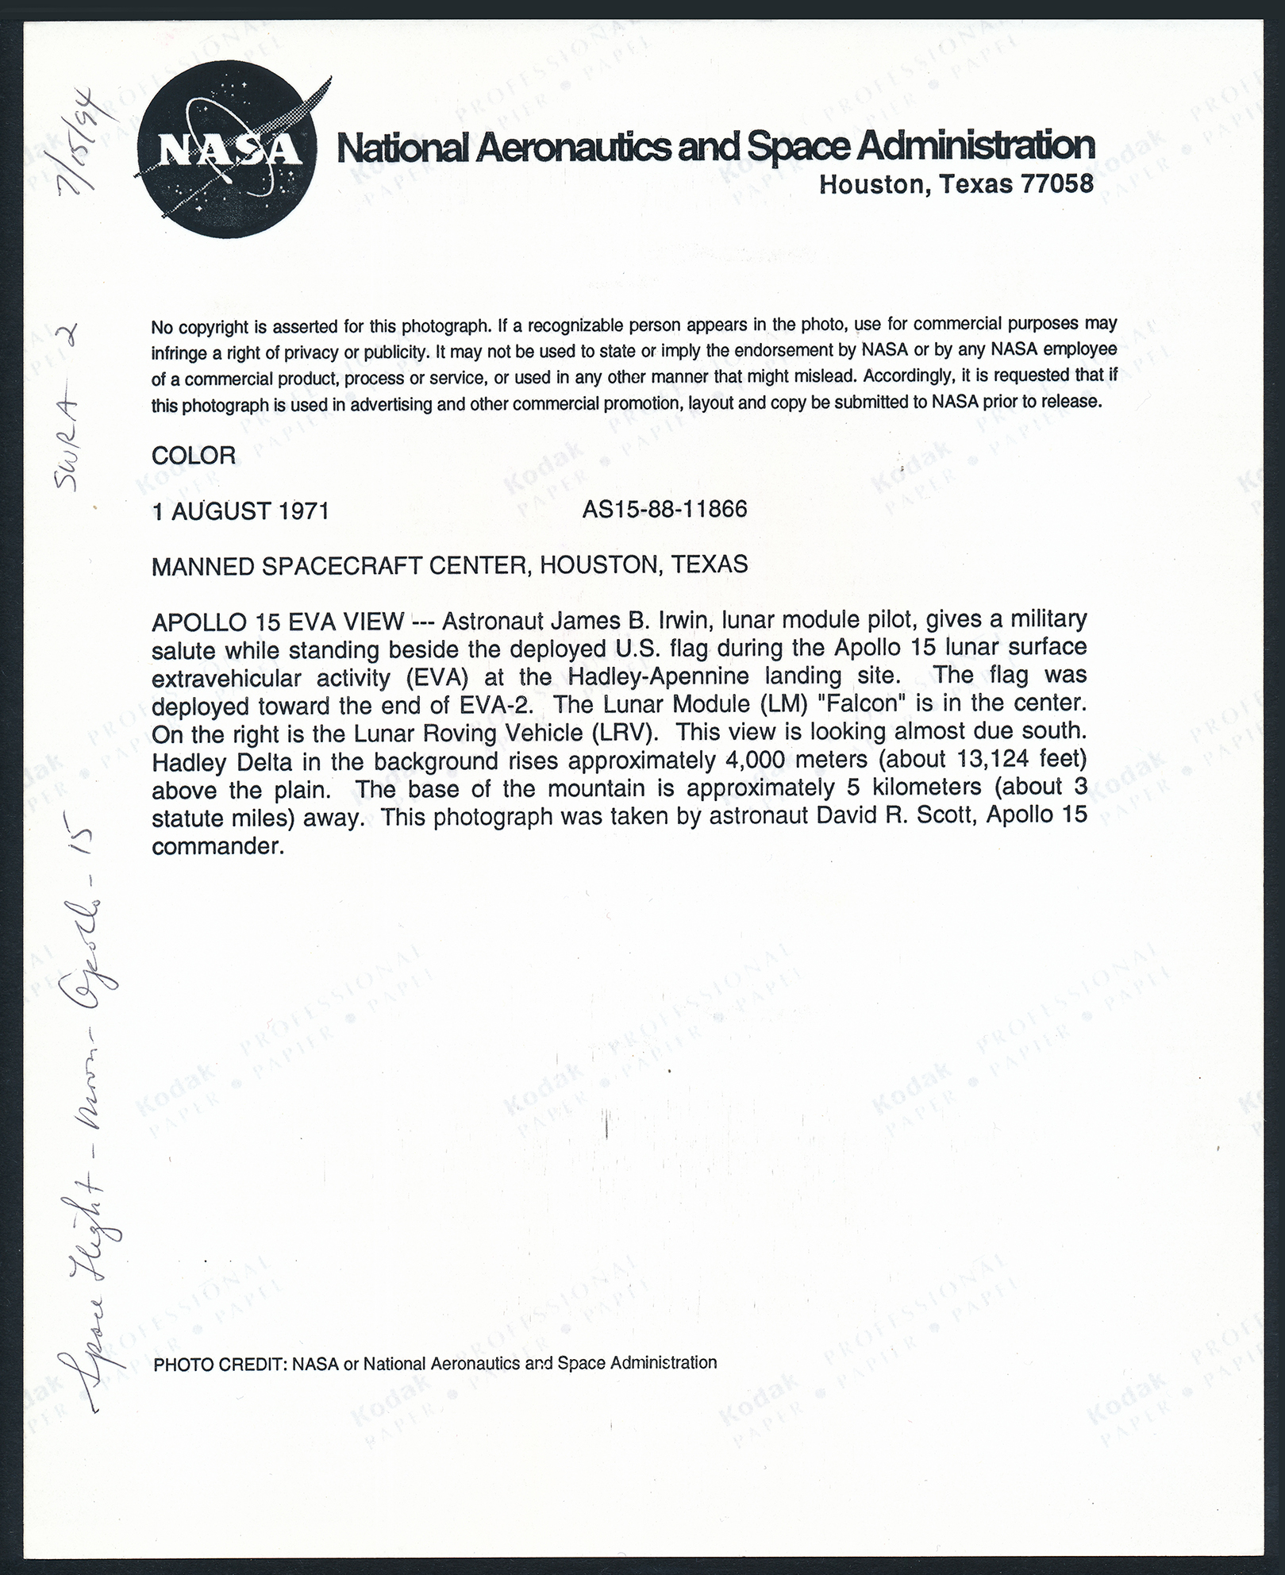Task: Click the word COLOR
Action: tap(193, 456)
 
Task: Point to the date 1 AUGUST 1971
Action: tap(240, 510)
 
